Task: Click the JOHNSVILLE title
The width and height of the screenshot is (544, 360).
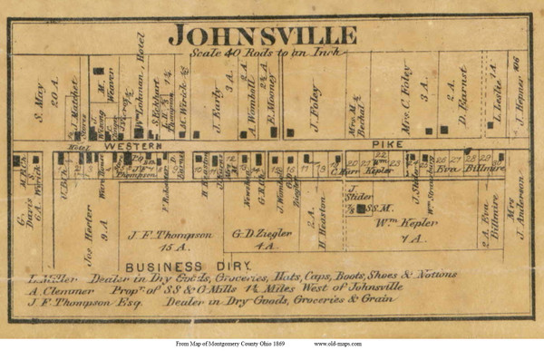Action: tap(262, 35)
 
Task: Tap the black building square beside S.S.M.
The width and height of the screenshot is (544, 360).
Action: tap(361, 208)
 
